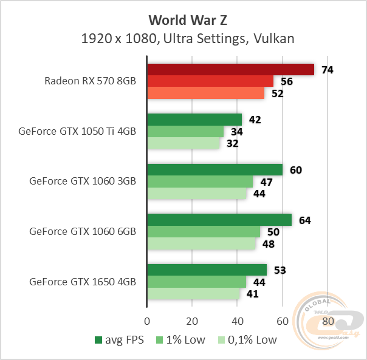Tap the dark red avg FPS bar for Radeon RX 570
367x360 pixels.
click(x=230, y=70)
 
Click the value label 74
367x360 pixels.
click(x=328, y=70)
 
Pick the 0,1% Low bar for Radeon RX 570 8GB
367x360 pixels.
click(x=205, y=93)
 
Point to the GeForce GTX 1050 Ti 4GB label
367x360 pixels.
click(x=77, y=131)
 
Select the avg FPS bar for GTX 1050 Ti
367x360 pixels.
click(x=194, y=120)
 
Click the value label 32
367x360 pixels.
click(x=233, y=143)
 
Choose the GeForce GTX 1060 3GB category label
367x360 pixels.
click(x=82, y=181)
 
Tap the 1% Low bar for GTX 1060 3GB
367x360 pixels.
click(x=200, y=182)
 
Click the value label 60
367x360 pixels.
click(x=296, y=170)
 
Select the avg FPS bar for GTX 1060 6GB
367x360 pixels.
click(x=219, y=220)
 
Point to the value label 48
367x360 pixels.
click(x=269, y=244)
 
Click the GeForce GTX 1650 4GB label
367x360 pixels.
click(x=82, y=282)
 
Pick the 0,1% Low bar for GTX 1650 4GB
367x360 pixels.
click(x=193, y=294)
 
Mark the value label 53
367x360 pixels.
click(x=280, y=270)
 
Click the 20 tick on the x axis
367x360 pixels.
click(x=193, y=321)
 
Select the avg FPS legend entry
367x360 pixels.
click(x=119, y=340)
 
